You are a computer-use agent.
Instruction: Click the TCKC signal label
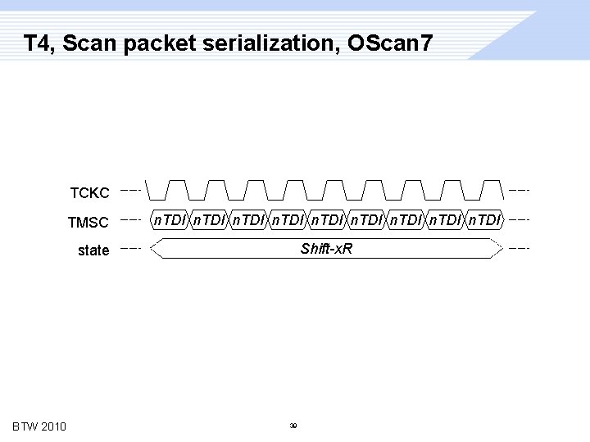tap(89, 193)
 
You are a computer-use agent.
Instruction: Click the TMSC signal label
tap(88, 222)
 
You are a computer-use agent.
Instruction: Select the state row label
tap(93, 250)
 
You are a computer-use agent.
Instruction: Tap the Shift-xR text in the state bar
tap(326, 248)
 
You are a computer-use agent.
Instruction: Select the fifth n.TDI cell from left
tap(327, 219)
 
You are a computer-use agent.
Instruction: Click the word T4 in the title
tap(38, 43)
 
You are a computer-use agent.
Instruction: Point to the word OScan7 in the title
tap(389, 43)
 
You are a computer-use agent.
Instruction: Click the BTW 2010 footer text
tap(39, 426)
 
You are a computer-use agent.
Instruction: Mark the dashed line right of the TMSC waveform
tap(520, 219)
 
